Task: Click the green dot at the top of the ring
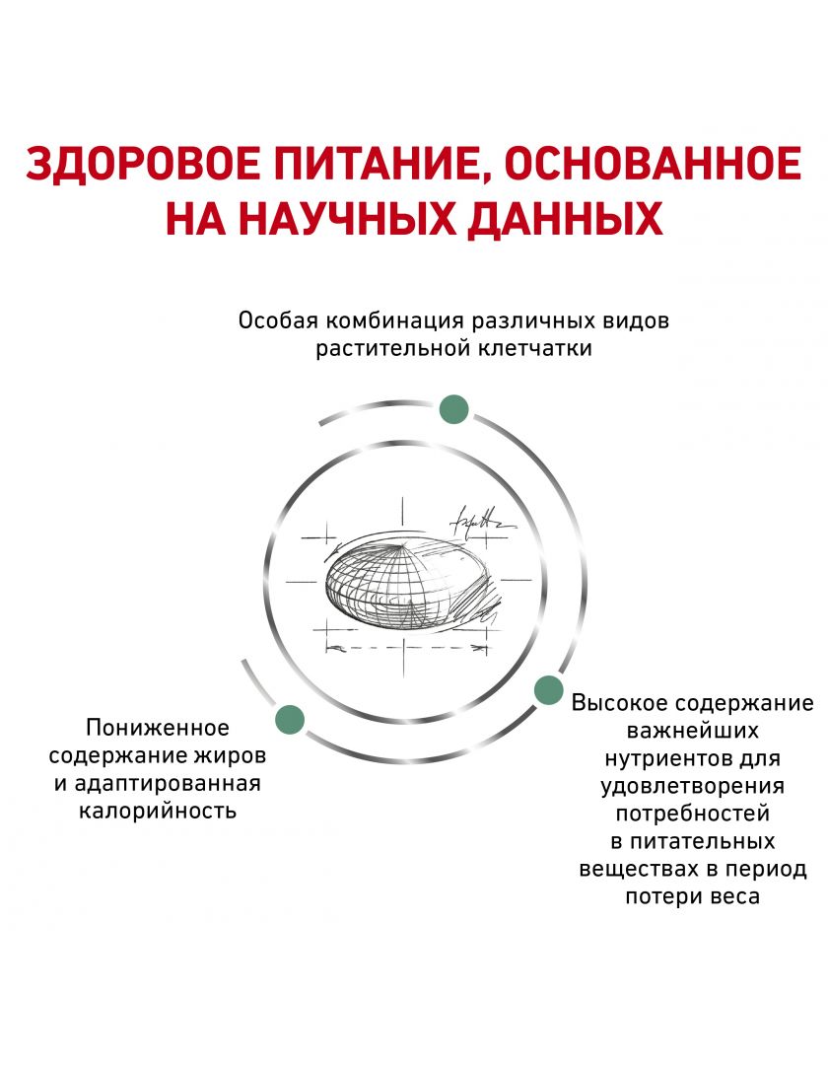pos(453,409)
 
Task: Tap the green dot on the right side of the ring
pos(548,690)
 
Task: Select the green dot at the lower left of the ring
pos(290,720)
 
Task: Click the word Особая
pos(278,321)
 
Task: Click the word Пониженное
pos(158,728)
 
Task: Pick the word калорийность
pos(158,811)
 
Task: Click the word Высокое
pos(620,702)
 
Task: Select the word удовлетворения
pos(693,787)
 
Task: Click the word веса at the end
pos(735,897)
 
